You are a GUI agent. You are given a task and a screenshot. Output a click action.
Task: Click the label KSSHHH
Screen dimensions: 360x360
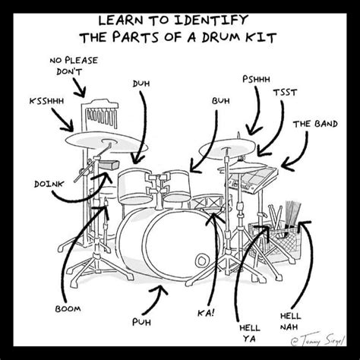(46, 100)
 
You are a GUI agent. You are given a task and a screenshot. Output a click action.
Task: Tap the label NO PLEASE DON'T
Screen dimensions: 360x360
(74, 66)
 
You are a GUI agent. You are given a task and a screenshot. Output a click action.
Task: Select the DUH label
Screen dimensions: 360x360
(141, 83)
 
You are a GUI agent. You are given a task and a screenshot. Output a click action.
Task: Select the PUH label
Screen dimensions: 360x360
(141, 321)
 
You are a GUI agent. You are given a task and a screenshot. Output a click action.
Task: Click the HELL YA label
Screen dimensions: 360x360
(250, 333)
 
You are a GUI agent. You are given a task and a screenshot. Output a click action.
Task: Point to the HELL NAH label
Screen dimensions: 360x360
(290, 320)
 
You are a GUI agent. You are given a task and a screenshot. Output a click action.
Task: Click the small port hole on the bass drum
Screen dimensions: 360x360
(200, 261)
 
